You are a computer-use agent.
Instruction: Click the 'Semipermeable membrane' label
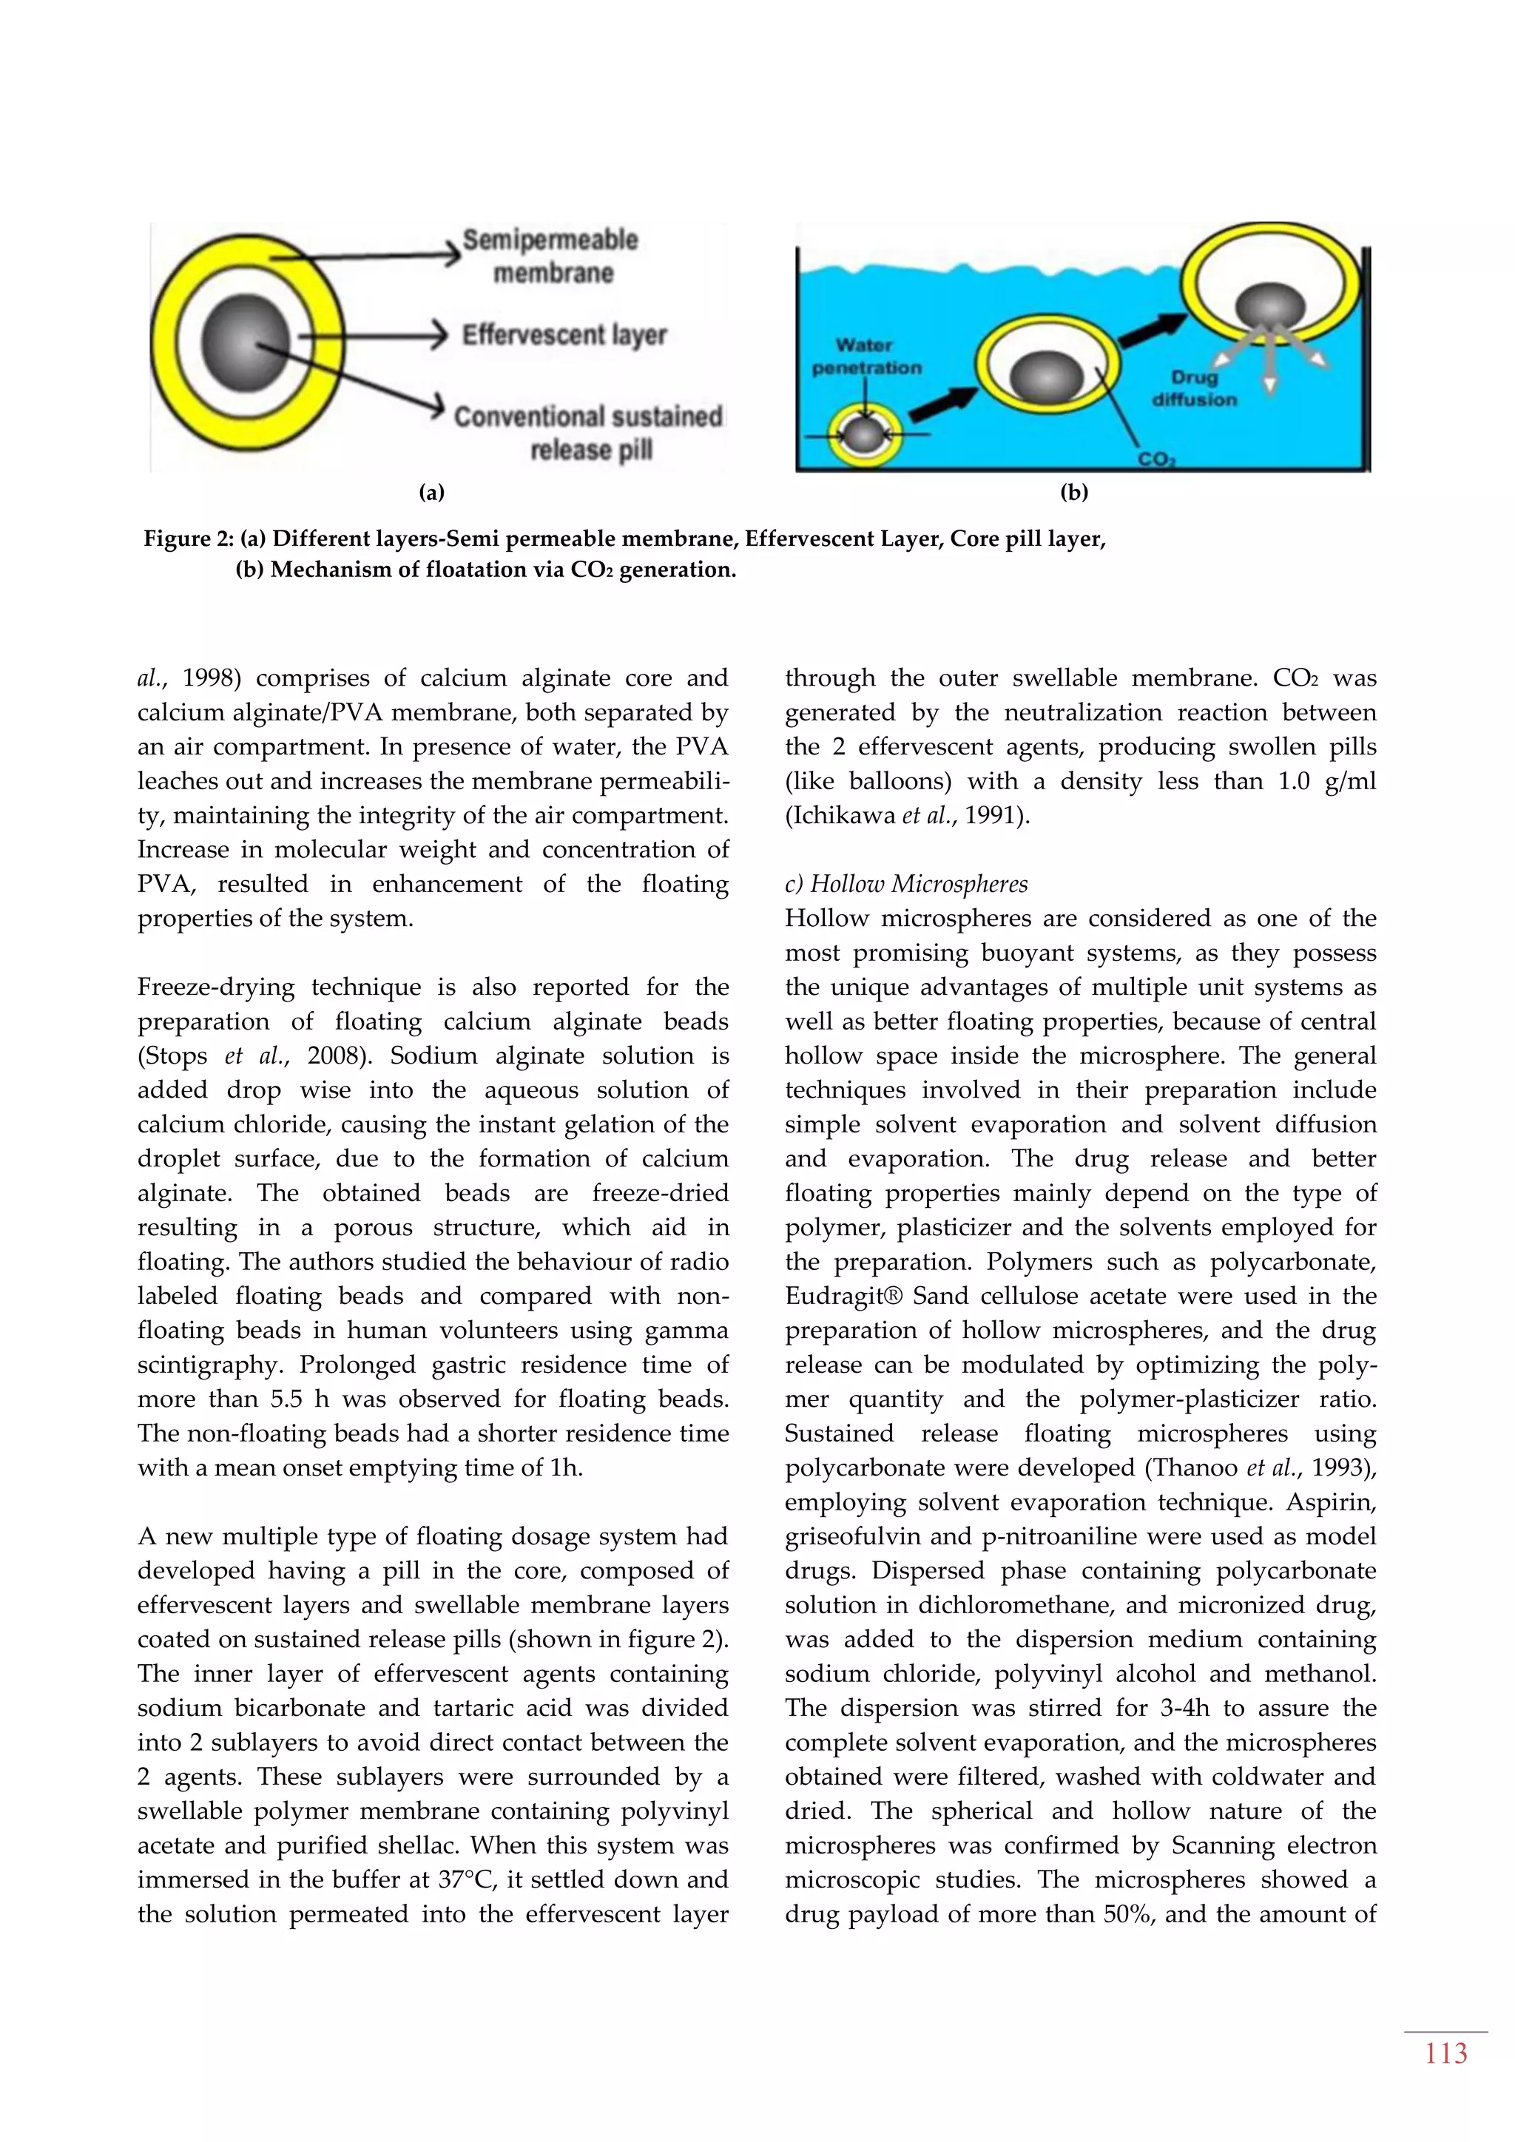tap(551, 256)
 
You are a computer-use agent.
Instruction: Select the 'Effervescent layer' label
tap(564, 334)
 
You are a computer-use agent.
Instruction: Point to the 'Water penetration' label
tap(866, 357)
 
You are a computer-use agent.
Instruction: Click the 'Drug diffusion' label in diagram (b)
tap(1194, 388)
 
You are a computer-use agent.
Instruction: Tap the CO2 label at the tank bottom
tap(1157, 460)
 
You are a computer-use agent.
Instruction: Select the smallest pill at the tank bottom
tap(865, 435)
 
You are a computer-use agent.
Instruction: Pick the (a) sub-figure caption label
tap(431, 493)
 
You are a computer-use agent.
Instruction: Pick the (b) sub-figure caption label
tap(1074, 493)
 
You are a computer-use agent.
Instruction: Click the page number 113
tap(1445, 2053)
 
